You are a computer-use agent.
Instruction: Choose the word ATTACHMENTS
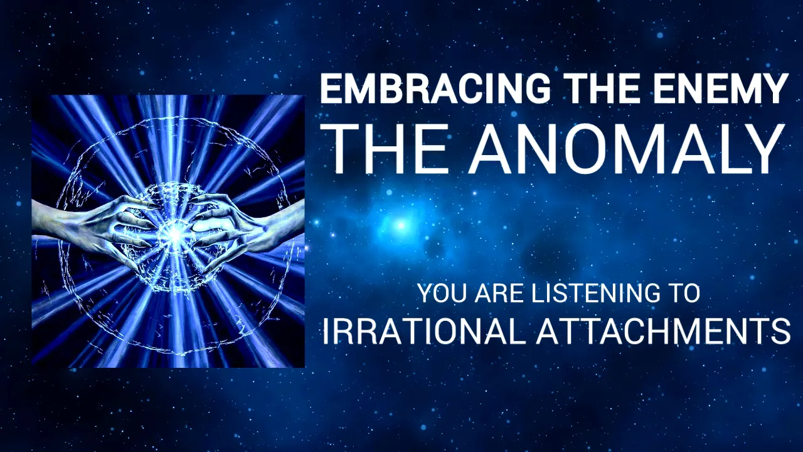pyautogui.click(x=662, y=331)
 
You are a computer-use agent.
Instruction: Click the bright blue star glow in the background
pyautogui.click(x=400, y=224)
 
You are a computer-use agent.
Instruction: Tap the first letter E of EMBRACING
pyautogui.click(x=329, y=89)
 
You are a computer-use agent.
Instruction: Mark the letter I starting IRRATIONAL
pyautogui.click(x=326, y=331)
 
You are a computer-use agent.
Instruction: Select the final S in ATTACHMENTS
pyautogui.click(x=780, y=331)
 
